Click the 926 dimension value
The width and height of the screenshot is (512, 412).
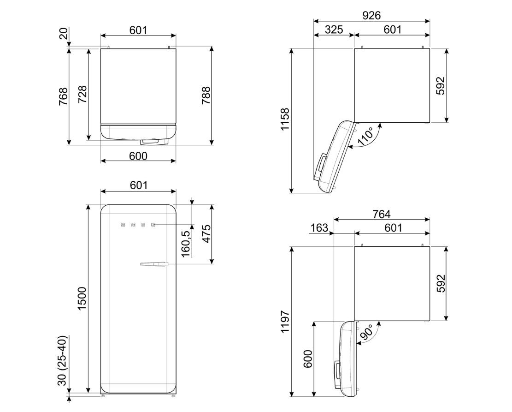(371, 15)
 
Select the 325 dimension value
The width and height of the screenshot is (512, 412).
(334, 30)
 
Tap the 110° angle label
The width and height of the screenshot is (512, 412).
(366, 136)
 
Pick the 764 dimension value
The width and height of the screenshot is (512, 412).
(382, 214)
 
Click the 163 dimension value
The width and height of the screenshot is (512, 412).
(319, 227)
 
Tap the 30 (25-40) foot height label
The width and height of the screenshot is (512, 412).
(63, 360)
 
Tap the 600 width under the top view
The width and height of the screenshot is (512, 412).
(138, 156)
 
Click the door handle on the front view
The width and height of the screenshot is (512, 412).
(153, 264)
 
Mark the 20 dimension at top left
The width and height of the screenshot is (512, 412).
(63, 34)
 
